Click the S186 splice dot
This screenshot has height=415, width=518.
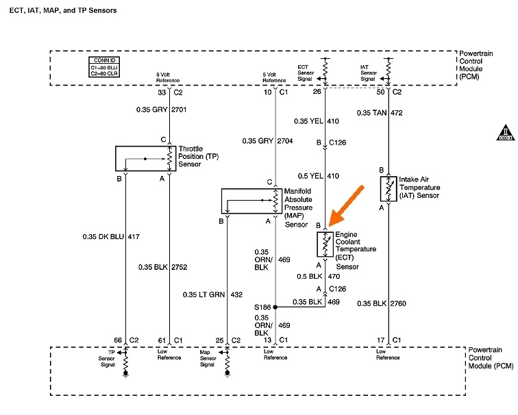coord(275,307)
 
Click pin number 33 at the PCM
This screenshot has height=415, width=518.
coord(161,92)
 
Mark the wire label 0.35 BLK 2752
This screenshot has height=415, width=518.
coord(163,267)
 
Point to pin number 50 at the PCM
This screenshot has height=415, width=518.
coord(382,92)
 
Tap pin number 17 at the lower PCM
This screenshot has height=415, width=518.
coord(380,340)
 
